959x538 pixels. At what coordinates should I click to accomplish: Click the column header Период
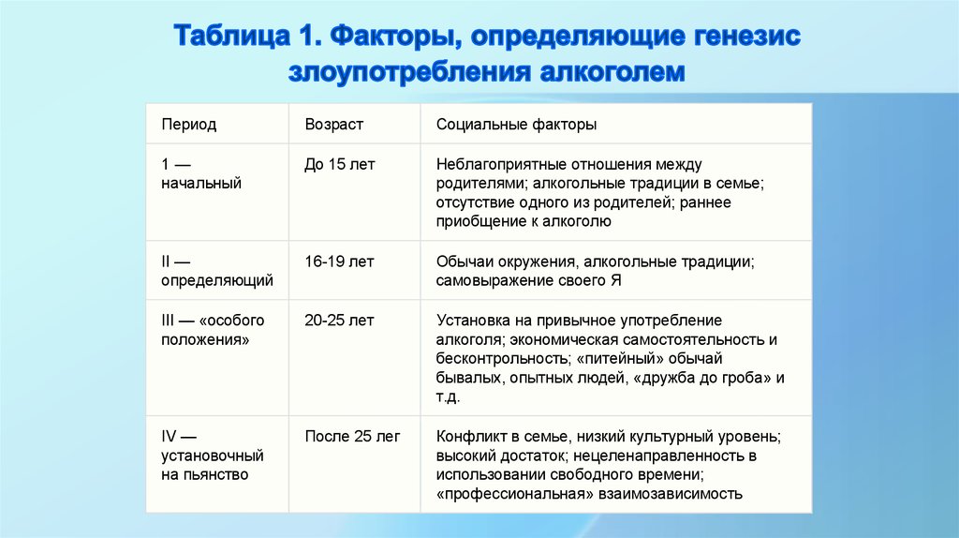pos(188,125)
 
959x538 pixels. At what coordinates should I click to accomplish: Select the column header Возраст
pos(333,125)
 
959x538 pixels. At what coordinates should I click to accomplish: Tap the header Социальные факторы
pos(516,125)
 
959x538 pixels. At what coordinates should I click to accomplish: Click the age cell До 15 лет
pos(339,164)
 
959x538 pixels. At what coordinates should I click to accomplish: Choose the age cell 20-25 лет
pos(339,321)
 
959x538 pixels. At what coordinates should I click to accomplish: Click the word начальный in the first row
pos(201,184)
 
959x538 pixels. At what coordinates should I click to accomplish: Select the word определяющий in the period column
pos(217,280)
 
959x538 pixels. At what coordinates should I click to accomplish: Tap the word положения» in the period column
pos(205,340)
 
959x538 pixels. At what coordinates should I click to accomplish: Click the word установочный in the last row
pos(213,456)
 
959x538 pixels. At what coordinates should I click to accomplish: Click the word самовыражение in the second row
pos(488,280)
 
